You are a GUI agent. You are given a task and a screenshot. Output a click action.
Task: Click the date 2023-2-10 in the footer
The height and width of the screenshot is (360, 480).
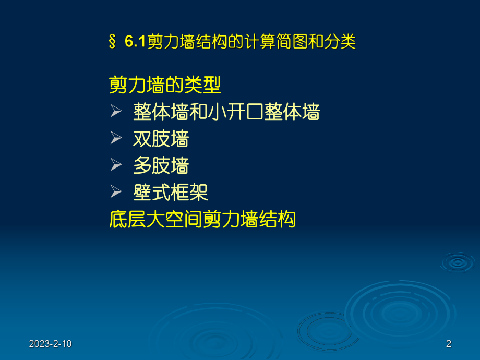point(50,344)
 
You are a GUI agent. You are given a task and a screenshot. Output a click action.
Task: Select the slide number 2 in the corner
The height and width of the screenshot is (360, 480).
point(449,344)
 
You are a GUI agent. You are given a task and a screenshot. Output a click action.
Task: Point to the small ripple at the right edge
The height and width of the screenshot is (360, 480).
point(458,261)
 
